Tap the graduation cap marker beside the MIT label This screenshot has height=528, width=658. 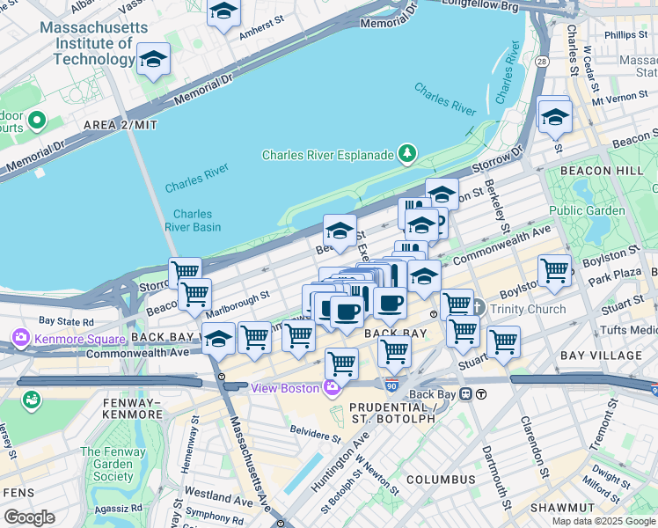[x=154, y=60]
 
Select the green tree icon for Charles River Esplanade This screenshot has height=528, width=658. [x=407, y=155]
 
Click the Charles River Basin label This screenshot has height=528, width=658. [x=192, y=220]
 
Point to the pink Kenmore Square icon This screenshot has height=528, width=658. [x=21, y=337]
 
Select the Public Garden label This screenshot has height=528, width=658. [x=587, y=210]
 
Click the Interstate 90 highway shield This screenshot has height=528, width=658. [x=391, y=385]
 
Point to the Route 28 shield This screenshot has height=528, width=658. [x=542, y=62]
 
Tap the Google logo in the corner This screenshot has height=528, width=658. [x=29, y=517]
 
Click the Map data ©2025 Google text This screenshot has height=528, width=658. [x=604, y=521]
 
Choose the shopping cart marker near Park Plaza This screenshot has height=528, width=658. [x=554, y=270]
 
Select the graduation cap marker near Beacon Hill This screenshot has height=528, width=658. [x=555, y=116]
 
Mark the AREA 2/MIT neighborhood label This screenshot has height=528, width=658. [x=121, y=126]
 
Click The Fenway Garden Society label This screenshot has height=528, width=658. [x=113, y=465]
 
